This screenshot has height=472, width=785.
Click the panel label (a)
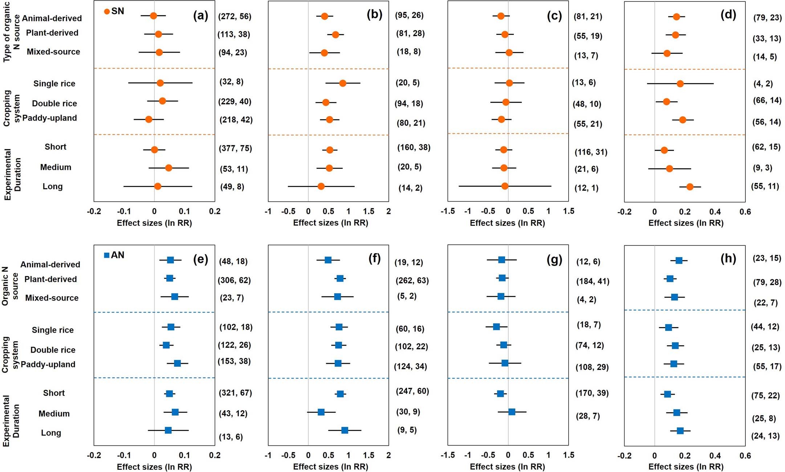(x=200, y=16)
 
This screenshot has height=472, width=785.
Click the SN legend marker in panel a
(x=107, y=12)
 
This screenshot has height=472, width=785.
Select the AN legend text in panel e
(x=118, y=255)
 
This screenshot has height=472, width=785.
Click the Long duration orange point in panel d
(x=690, y=187)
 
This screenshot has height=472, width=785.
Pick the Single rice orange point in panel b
(x=342, y=83)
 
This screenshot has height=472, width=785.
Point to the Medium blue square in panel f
(x=321, y=412)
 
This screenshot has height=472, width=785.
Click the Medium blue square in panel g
(x=512, y=412)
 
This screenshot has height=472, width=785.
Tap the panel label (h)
(x=728, y=259)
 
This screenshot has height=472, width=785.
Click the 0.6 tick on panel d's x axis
(x=745, y=212)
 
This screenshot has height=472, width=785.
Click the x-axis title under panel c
(x=507, y=223)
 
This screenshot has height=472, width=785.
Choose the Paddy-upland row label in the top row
(x=50, y=118)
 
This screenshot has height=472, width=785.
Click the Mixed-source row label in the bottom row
(x=52, y=298)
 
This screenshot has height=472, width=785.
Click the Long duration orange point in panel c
(x=505, y=186)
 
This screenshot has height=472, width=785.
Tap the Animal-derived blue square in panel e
(x=170, y=260)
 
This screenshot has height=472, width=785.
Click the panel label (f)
(x=374, y=259)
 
